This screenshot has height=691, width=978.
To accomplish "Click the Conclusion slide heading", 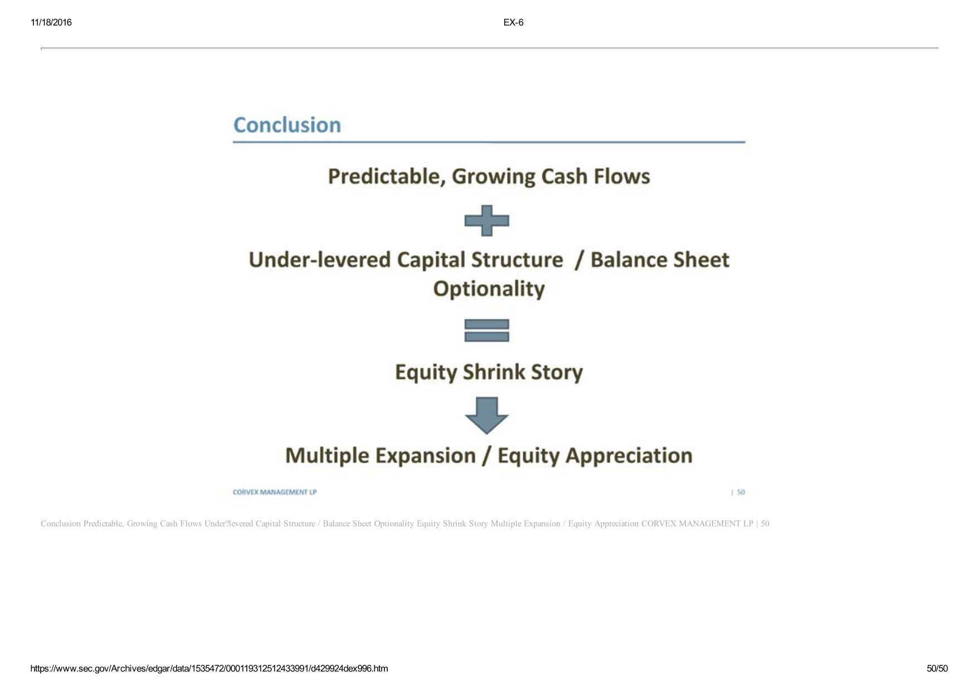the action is [x=287, y=125].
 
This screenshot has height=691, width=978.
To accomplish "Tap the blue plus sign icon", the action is [x=486, y=221].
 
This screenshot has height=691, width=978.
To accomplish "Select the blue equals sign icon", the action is [x=486, y=330].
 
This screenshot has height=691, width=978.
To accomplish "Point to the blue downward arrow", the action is [x=486, y=416].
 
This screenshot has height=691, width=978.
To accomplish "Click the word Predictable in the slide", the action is [x=387, y=177].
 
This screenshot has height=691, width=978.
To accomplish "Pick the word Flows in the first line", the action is [x=621, y=176].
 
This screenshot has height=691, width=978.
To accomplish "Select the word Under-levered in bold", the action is [x=319, y=260].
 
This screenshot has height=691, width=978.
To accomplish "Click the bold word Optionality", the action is [x=489, y=289].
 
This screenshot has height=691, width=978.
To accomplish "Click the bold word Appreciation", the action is [x=629, y=455].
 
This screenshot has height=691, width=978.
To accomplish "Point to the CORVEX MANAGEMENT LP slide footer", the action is [x=275, y=492].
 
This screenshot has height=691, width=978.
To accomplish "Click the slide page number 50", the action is [x=741, y=492].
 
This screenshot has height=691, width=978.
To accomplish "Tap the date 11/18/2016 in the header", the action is [x=51, y=22].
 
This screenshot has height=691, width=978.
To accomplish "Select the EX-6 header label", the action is [x=513, y=22].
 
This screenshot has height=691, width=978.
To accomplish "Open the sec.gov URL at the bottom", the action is [x=209, y=669].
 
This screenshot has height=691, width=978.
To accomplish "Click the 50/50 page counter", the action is [x=937, y=669].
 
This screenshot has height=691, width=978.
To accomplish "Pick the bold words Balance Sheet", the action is [x=660, y=260].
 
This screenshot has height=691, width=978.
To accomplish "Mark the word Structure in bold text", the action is [x=517, y=260].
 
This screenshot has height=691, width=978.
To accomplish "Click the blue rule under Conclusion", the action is [x=489, y=142].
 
